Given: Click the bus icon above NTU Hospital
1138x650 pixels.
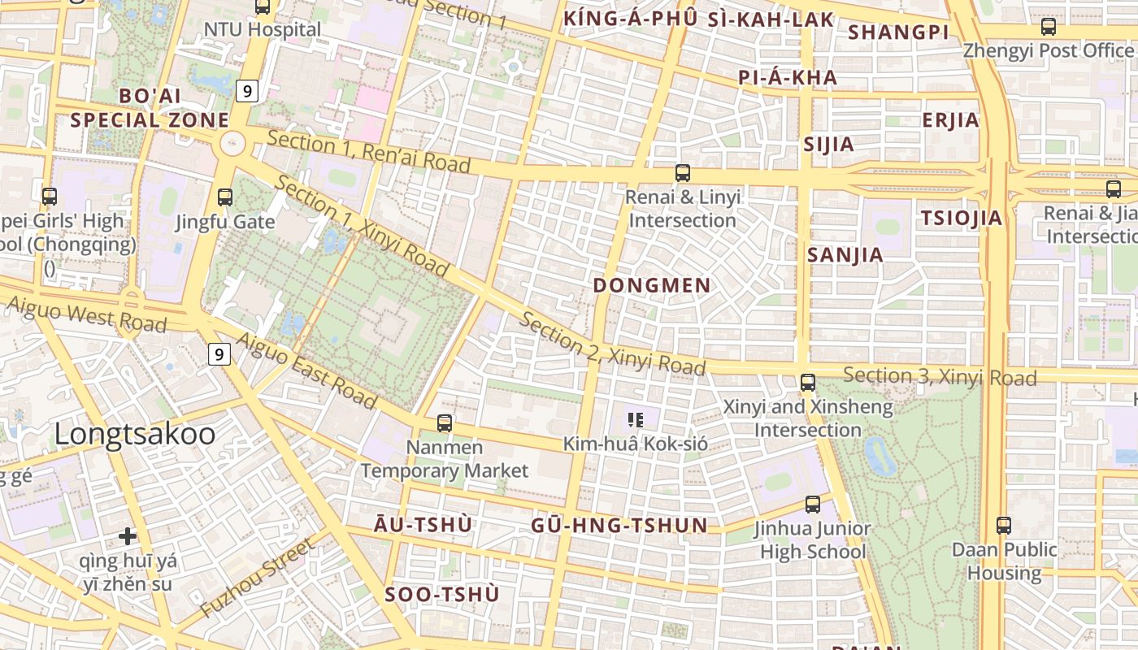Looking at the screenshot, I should [x=263, y=7].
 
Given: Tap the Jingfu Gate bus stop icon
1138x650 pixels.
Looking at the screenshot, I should [x=225, y=197].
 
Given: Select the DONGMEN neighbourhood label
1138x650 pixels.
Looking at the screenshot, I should [x=652, y=285].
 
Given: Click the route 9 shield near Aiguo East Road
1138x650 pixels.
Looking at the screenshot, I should [x=219, y=354].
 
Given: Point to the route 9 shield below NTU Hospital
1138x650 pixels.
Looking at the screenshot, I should [x=247, y=91].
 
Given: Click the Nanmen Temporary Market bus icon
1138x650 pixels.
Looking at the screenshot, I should [x=444, y=422].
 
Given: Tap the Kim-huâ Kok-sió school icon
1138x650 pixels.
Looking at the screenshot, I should [x=636, y=419].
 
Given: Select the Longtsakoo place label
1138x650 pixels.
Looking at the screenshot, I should [x=135, y=434].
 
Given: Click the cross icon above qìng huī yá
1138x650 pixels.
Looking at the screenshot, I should [x=127, y=535].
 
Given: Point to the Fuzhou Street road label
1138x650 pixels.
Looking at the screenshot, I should [x=257, y=578].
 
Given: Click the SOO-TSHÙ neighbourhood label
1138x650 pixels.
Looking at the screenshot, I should [x=442, y=595].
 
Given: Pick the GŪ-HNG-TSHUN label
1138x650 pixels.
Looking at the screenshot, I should [x=619, y=525].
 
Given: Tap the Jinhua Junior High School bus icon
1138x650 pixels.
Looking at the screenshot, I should [x=812, y=504].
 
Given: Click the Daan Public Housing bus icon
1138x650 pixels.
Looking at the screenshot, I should [x=1004, y=525].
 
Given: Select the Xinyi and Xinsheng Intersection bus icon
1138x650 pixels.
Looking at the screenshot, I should [x=807, y=382].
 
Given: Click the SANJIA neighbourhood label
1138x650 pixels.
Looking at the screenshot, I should [x=845, y=255].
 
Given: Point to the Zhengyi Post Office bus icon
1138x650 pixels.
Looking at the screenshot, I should [x=1049, y=26].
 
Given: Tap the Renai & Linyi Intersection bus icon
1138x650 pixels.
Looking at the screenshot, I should [x=683, y=172].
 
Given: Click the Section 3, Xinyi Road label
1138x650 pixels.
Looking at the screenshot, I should [x=940, y=376].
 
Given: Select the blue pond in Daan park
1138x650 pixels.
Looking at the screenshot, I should [x=880, y=456].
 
